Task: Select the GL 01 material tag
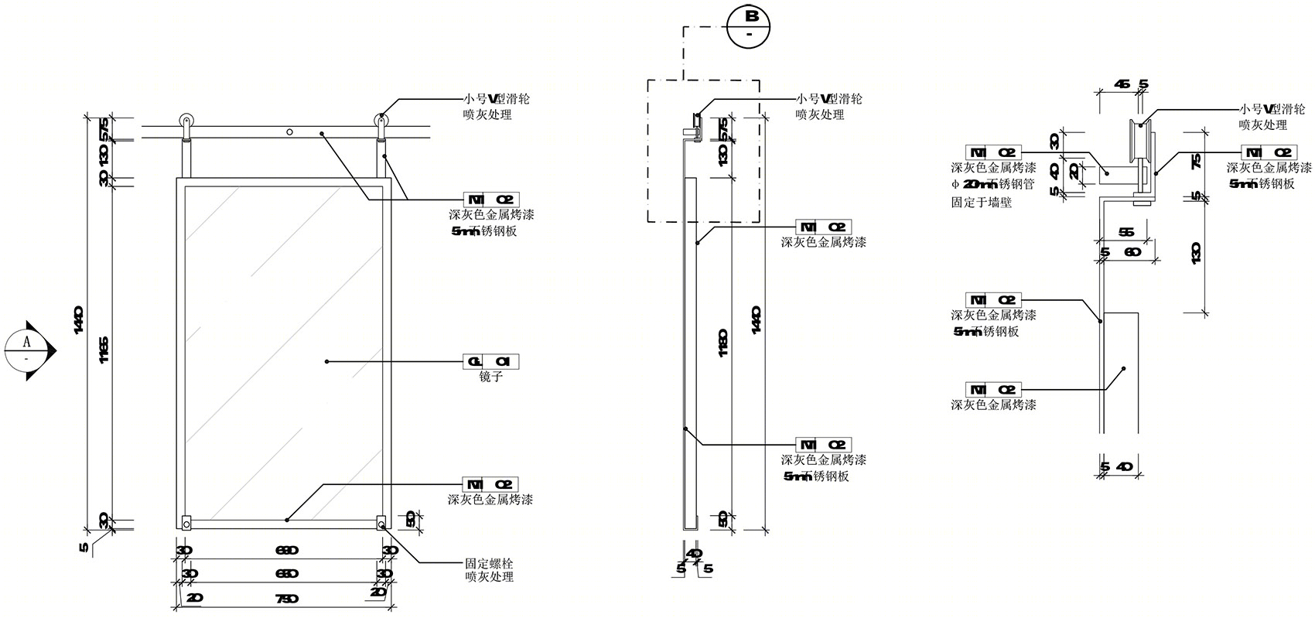[490, 361]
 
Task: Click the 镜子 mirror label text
[491, 377]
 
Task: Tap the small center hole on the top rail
[289, 132]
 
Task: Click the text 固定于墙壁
[982, 203]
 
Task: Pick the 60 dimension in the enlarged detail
[1132, 252]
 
